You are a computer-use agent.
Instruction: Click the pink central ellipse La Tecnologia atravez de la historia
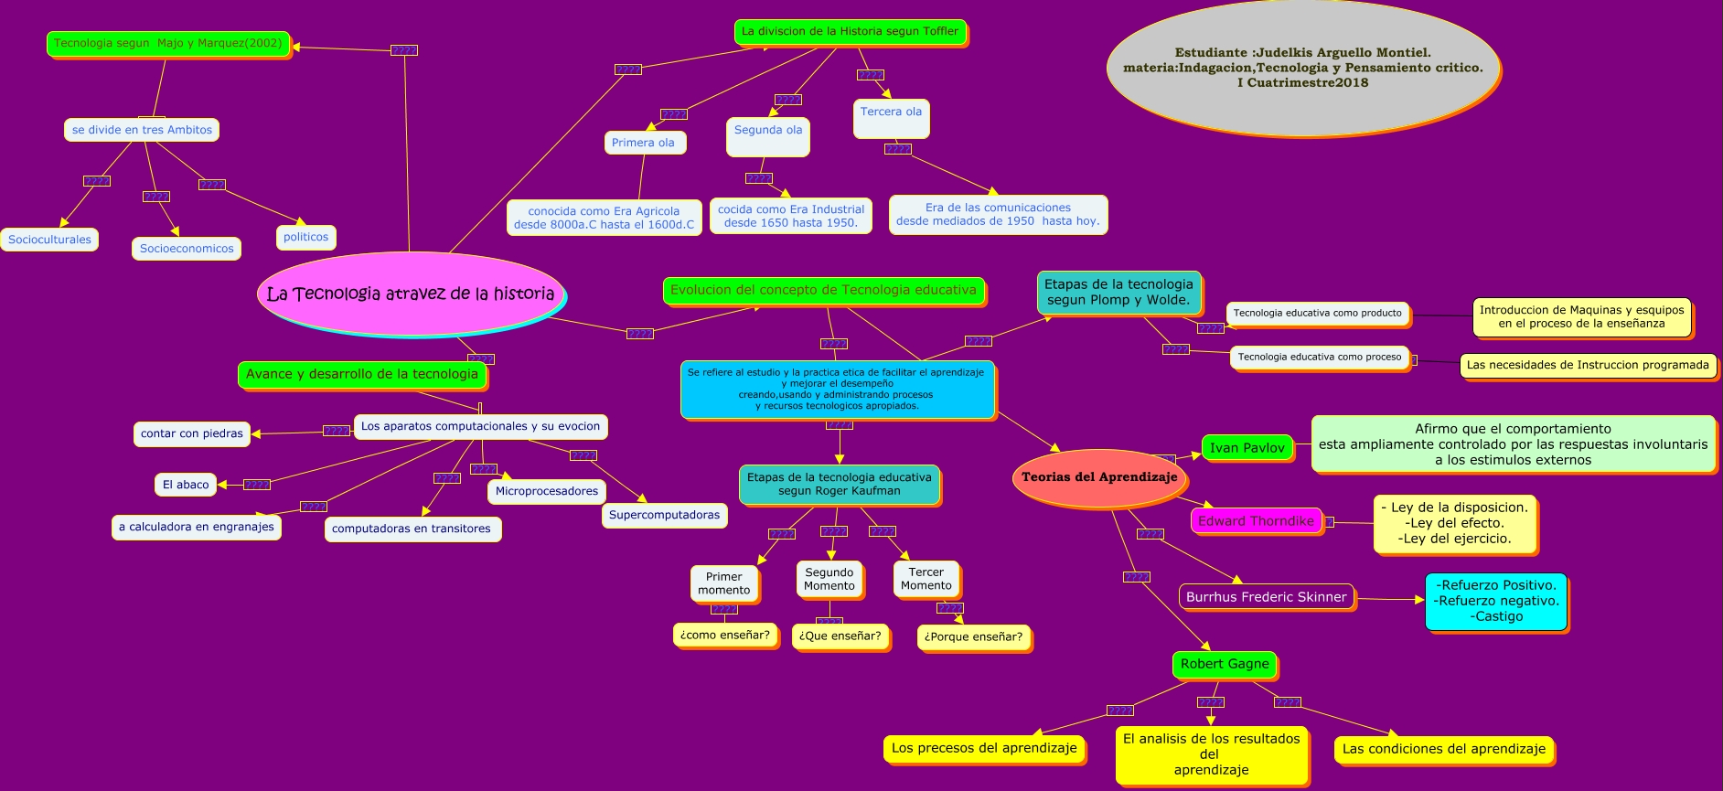pyautogui.click(x=411, y=294)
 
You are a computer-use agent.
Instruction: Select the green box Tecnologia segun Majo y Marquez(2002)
pyautogui.click(x=168, y=43)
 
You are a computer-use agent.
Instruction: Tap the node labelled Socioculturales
pyautogui.click(x=49, y=240)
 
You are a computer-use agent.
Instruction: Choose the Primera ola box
pyautogui.click(x=644, y=143)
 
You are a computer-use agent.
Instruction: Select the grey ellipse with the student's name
pyautogui.click(x=1302, y=68)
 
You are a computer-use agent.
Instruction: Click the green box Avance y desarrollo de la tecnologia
pyautogui.click(x=362, y=374)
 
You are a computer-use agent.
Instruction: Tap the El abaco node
pyautogui.click(x=186, y=485)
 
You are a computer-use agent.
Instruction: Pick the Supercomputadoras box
pyautogui.click(x=664, y=515)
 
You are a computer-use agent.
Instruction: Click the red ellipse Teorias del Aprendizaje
pyautogui.click(x=1099, y=477)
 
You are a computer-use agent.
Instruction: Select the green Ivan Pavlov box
pyautogui.click(x=1247, y=448)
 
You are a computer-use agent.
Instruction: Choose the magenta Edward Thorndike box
pyautogui.click(x=1257, y=521)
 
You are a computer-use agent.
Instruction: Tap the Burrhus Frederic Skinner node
pyautogui.click(x=1266, y=597)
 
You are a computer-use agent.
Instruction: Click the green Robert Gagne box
pyautogui.click(x=1225, y=664)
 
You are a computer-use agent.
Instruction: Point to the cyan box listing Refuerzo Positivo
pyautogui.click(x=1496, y=601)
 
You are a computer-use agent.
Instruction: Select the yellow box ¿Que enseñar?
pyautogui.click(x=840, y=636)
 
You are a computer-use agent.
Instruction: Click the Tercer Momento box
pyautogui.click(x=926, y=579)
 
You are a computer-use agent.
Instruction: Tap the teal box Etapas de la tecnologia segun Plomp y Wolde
pyautogui.click(x=1118, y=292)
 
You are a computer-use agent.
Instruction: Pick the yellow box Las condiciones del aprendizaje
pyautogui.click(x=1443, y=749)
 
